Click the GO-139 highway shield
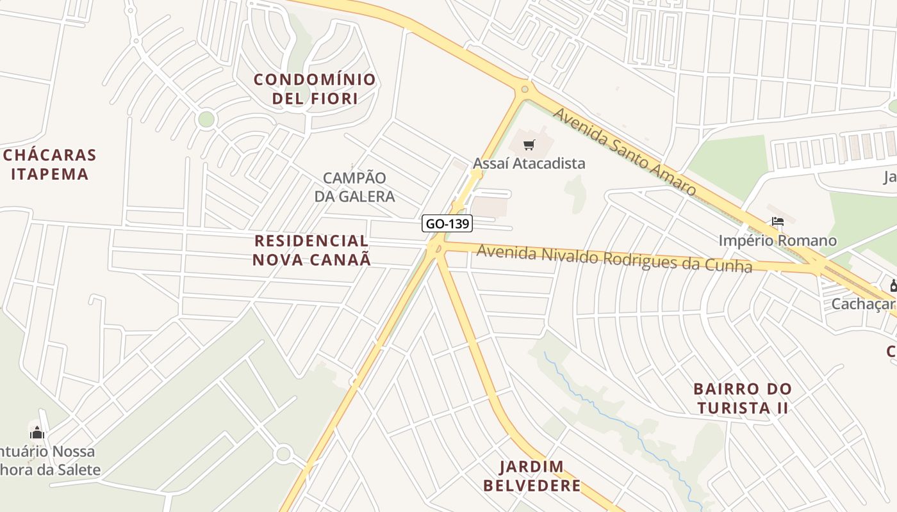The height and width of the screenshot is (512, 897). pyautogui.click(x=447, y=223)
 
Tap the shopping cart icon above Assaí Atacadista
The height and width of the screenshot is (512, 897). pyautogui.click(x=529, y=145)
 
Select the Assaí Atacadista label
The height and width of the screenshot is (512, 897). pyautogui.click(x=529, y=163)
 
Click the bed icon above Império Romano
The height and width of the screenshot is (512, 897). pyautogui.click(x=778, y=222)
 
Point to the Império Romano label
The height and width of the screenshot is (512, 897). pyautogui.click(x=777, y=241)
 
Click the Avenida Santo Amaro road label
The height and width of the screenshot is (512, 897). pyautogui.click(x=624, y=152)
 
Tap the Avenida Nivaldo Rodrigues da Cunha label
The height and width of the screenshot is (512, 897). pyautogui.click(x=614, y=259)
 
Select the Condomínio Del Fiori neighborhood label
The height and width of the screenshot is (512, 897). pyautogui.click(x=315, y=89)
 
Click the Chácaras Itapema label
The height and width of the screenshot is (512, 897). pyautogui.click(x=49, y=164)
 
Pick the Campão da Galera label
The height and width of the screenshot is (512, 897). pyautogui.click(x=354, y=187)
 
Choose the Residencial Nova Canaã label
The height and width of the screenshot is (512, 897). pyautogui.click(x=311, y=250)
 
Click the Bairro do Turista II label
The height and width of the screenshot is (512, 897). pyautogui.click(x=743, y=398)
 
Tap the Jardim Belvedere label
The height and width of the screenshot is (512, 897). pyautogui.click(x=532, y=476)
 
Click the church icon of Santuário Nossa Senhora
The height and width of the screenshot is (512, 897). pyautogui.click(x=37, y=433)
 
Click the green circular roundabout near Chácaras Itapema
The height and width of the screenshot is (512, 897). pyautogui.click(x=206, y=119)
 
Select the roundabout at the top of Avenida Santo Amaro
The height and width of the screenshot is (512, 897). pyautogui.click(x=525, y=90)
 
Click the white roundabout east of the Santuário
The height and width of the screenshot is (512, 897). pyautogui.click(x=283, y=454)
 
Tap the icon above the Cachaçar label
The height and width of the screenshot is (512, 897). pyautogui.click(x=893, y=285)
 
